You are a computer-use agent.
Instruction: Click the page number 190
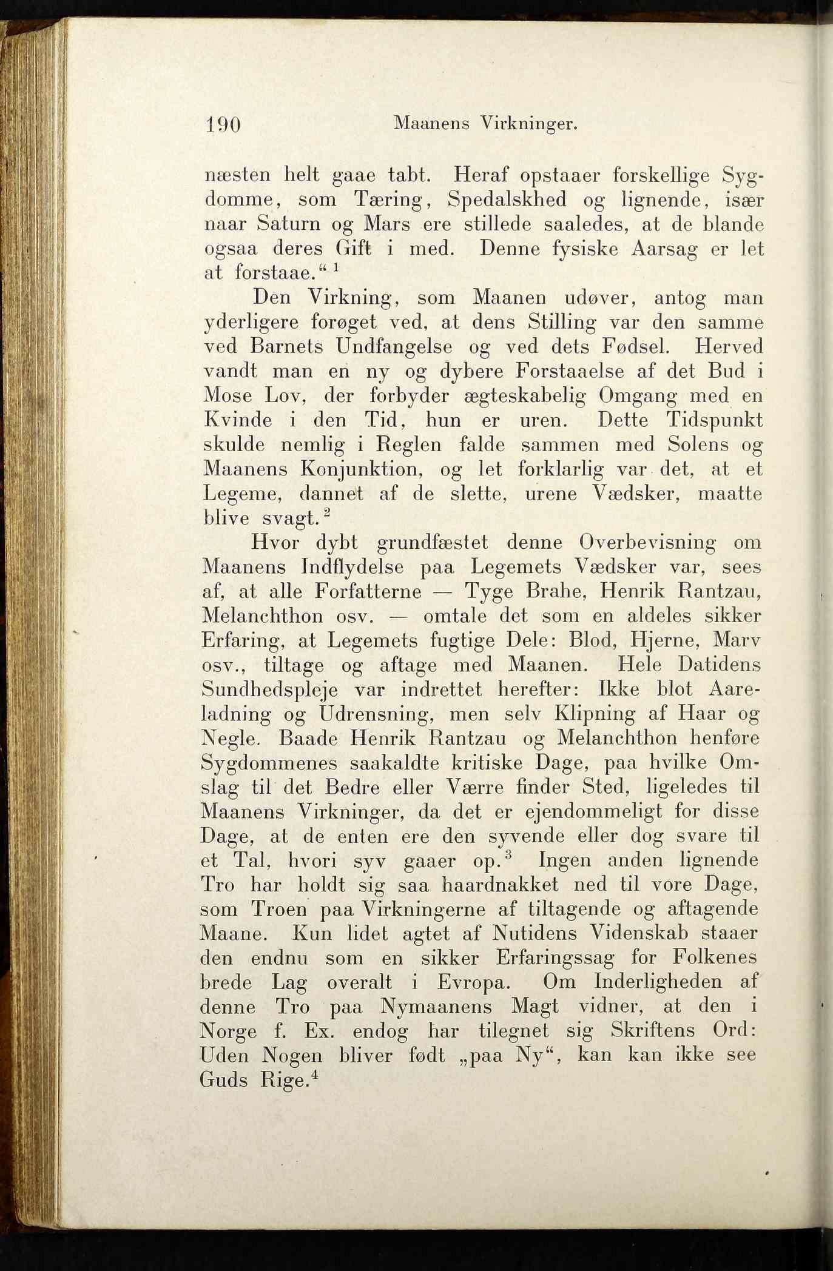coord(223,124)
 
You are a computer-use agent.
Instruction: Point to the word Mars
coord(386,224)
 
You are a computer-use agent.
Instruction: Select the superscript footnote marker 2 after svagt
coord(327,513)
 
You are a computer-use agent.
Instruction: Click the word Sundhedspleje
coord(272,690)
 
